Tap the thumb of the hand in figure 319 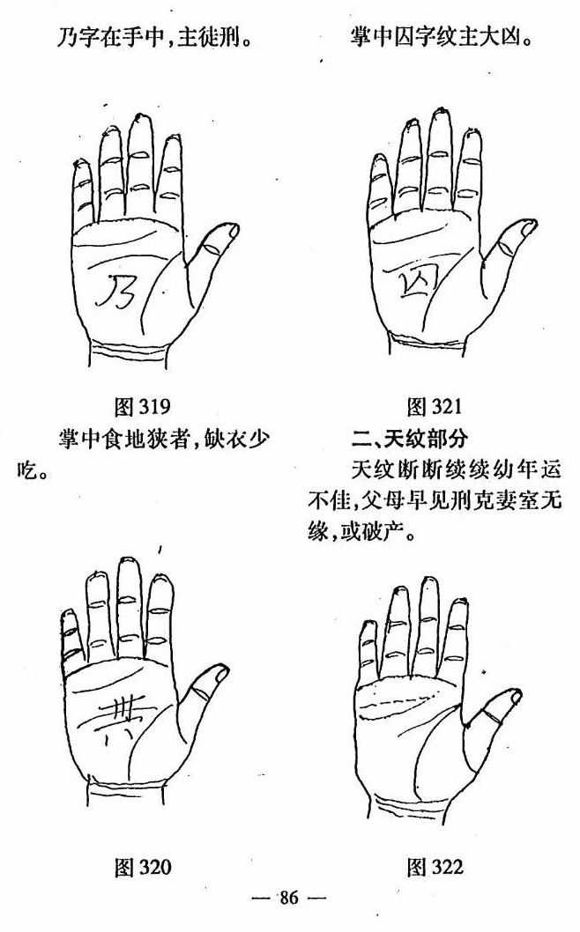pos(216,247)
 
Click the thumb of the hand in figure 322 pos(503,704)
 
